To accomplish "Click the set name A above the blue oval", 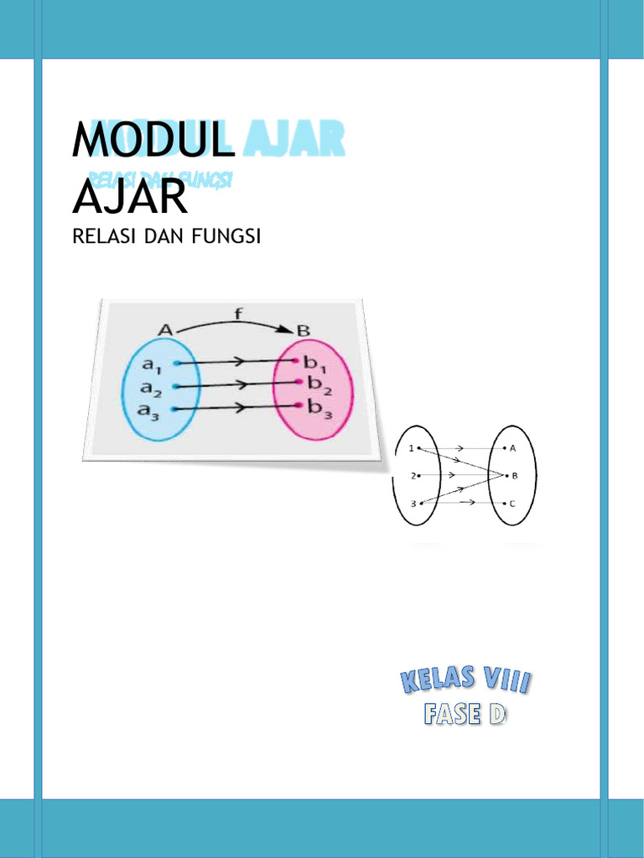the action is coord(165,329).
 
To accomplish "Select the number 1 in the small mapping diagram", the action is coord(412,448).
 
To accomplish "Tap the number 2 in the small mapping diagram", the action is coord(413,476).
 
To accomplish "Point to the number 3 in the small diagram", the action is coord(413,503).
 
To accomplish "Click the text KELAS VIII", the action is coord(464,680).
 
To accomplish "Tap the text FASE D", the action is coord(465,714).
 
